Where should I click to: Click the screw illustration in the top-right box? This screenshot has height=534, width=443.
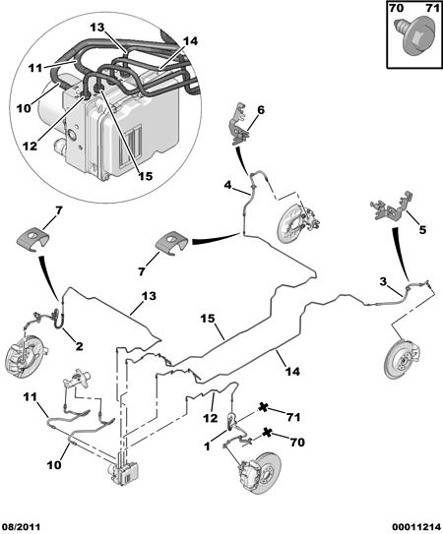[x=416, y=37]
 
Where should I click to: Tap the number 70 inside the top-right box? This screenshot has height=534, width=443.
[x=397, y=8]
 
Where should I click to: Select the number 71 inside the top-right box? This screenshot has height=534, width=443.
[x=433, y=8]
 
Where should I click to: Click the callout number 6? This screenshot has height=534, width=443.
[x=261, y=110]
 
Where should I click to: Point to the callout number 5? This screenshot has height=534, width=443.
[x=422, y=229]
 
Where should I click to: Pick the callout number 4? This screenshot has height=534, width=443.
[x=227, y=185]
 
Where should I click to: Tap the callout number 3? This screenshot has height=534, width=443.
[x=383, y=281]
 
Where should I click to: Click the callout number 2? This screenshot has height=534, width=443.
[x=79, y=346]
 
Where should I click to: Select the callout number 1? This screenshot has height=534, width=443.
[x=208, y=446]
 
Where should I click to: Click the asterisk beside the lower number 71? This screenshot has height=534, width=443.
[x=263, y=407]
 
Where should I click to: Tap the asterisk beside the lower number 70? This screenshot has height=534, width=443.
[x=268, y=433]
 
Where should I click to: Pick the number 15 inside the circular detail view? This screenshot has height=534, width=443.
[x=146, y=176]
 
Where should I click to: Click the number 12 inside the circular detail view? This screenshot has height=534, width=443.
[x=30, y=147]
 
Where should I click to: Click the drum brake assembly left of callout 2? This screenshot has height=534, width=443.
[x=27, y=356]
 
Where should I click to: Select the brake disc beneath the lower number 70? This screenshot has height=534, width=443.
[x=261, y=473]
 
